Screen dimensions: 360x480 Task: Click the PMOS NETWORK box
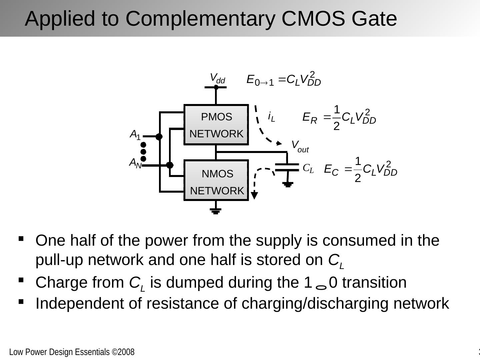216,125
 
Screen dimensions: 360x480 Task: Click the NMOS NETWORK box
216,180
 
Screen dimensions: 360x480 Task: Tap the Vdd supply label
217,79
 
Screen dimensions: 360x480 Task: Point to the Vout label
300,146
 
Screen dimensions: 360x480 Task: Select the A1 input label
135,135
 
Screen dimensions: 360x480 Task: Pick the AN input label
135,163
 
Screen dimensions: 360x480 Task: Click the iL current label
272,117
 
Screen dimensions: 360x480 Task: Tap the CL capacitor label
308,169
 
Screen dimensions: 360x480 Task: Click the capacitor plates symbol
287,167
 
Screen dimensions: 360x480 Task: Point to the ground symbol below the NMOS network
216,211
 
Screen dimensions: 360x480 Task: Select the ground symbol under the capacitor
288,184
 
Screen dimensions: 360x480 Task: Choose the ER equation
339,118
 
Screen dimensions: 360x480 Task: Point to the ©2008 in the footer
123,352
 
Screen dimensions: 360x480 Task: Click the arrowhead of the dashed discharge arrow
254,196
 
